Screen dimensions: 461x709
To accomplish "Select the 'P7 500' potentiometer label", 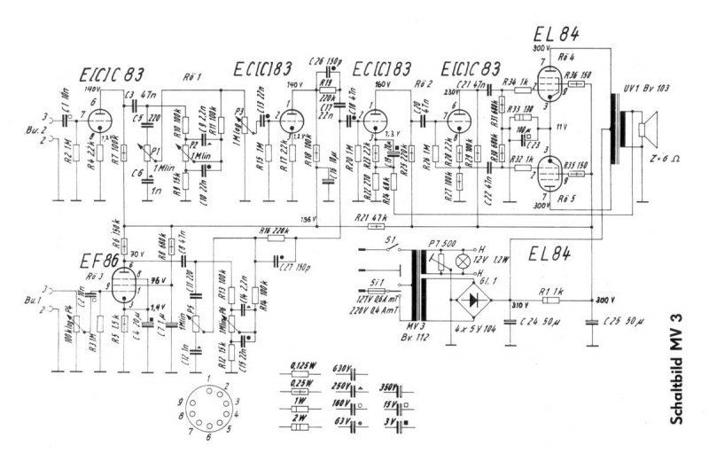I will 441,242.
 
